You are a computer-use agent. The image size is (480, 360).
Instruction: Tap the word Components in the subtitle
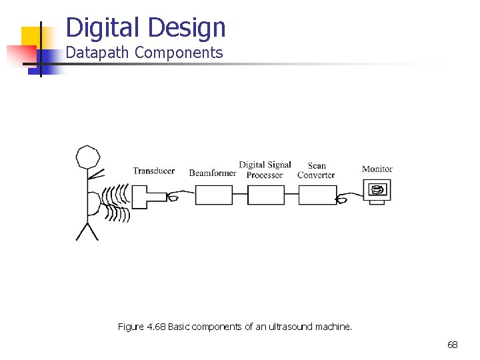tap(179, 53)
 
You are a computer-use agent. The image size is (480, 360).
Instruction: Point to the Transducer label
tap(153, 171)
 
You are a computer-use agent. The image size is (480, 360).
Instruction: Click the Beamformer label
tap(213, 173)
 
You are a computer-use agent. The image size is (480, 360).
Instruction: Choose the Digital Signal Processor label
tap(265, 170)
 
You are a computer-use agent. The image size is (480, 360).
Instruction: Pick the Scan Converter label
tap(316, 170)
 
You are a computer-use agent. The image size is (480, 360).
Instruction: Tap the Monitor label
tap(377, 169)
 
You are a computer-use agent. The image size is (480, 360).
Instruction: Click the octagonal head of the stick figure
tap(88, 157)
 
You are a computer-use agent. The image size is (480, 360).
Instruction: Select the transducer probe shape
tap(148, 197)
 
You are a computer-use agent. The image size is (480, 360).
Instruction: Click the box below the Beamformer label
tap(213, 195)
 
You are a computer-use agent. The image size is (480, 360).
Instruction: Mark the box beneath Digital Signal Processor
tap(265, 195)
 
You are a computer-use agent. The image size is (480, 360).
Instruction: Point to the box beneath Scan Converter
tap(317, 195)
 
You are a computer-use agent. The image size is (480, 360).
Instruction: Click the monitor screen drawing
tap(377, 190)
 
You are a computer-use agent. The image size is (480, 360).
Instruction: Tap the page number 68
tap(453, 345)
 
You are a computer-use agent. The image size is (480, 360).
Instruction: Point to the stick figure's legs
tap(87, 231)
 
